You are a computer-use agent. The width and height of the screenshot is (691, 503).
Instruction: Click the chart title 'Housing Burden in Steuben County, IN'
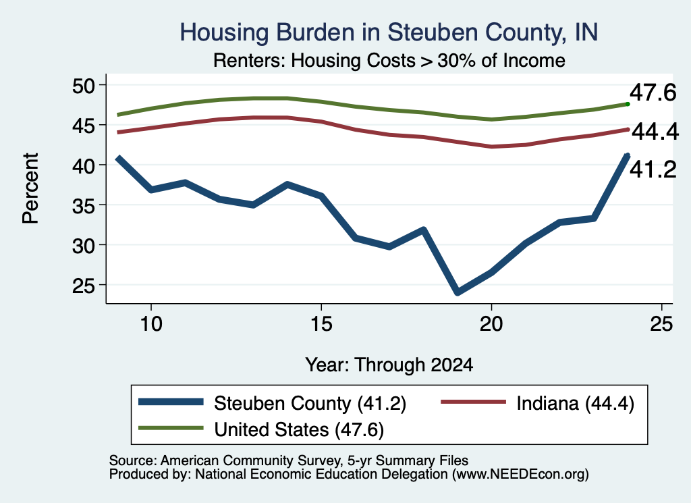point(389,32)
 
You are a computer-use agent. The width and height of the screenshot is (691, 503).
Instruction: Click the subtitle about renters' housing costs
point(389,60)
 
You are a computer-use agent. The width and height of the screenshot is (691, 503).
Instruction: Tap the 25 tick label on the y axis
point(84,285)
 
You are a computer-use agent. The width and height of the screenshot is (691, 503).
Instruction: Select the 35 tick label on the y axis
point(84,205)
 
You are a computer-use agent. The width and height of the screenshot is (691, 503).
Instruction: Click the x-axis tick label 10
point(151,324)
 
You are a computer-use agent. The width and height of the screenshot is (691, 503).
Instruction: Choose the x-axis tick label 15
point(321,324)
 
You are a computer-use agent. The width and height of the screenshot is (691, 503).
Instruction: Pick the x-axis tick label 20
point(491,324)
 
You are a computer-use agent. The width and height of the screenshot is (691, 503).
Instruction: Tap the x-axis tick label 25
point(661,324)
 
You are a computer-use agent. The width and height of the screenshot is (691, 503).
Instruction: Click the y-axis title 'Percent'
point(30,188)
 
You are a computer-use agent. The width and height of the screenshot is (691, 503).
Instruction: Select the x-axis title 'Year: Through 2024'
point(389,365)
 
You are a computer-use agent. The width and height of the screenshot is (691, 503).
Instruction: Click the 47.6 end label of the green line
point(653,92)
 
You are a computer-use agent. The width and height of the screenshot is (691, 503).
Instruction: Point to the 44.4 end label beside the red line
point(655,132)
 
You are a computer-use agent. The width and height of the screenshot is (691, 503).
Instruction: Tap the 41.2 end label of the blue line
point(653,169)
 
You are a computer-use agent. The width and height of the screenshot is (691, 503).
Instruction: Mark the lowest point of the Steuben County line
point(458,292)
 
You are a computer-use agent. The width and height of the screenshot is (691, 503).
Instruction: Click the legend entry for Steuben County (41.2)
point(272,403)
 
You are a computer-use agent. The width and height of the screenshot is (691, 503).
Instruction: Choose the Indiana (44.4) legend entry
point(538,403)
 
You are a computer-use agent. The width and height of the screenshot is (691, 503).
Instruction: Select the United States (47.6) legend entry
point(261,429)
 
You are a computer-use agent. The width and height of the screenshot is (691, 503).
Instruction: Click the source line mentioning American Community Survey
point(289,460)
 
